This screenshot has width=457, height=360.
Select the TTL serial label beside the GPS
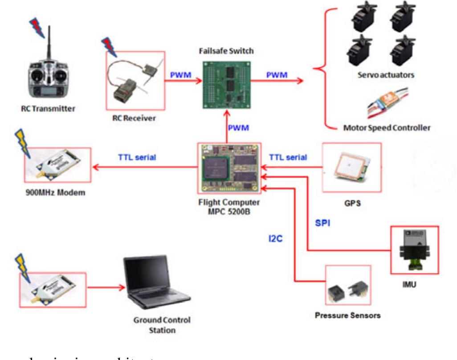(x=288, y=157)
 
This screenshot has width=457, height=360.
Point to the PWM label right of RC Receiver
(x=180, y=74)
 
